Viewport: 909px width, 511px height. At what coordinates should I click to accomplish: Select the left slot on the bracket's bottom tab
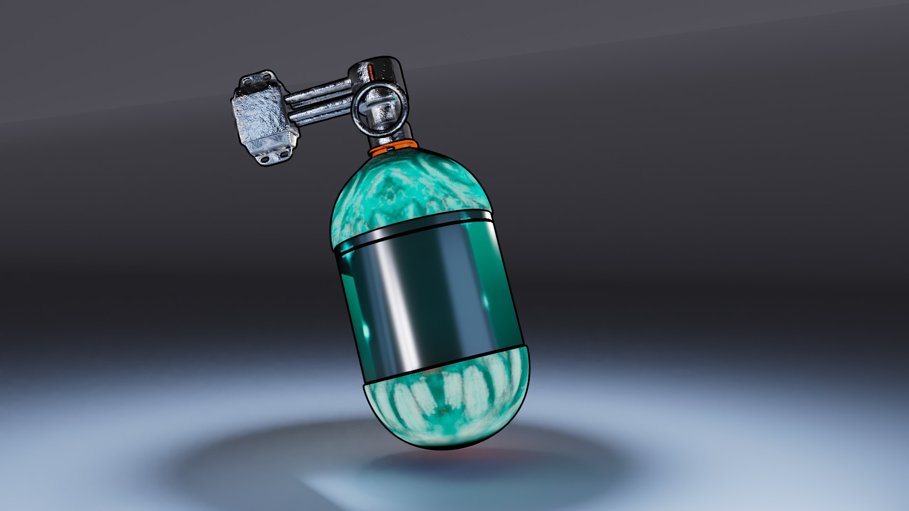coord(265,159)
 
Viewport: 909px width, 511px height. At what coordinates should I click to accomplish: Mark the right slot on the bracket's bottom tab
coord(284,154)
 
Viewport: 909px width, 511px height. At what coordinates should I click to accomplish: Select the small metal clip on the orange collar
coord(389,148)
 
